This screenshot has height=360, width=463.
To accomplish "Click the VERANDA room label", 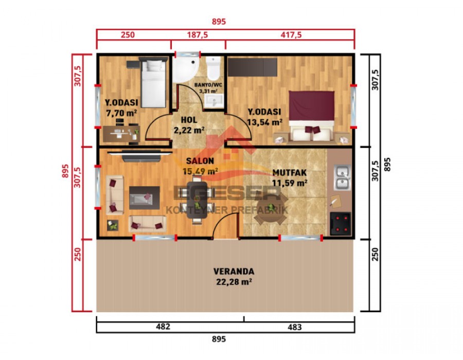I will coord(234,271).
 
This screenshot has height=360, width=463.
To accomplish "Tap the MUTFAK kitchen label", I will coord(290,173).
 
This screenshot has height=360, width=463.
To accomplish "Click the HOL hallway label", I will coord(189,120).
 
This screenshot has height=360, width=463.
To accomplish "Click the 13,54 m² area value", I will coord(264,122).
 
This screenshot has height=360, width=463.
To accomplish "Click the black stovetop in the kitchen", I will coord(340,224).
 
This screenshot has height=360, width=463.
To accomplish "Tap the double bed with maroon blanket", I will coord(312,114).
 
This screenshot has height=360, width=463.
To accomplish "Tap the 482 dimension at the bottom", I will coord(163,327).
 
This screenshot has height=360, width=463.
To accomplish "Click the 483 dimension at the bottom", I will coord(295,327).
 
